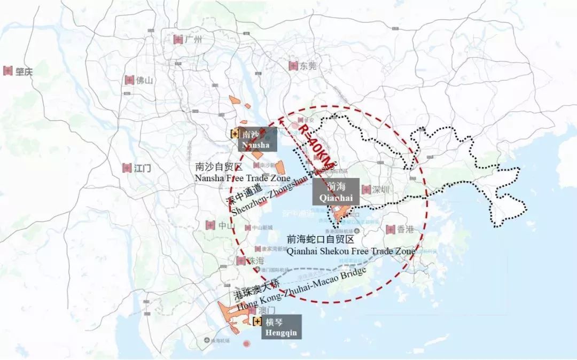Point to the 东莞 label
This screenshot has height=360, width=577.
pyautogui.click(x=308, y=66)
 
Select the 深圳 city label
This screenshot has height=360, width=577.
pyautogui.click(x=383, y=190)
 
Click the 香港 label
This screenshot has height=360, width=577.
pyautogui.click(x=405, y=230)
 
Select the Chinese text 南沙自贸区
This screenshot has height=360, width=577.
pyautogui.click(x=219, y=167)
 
